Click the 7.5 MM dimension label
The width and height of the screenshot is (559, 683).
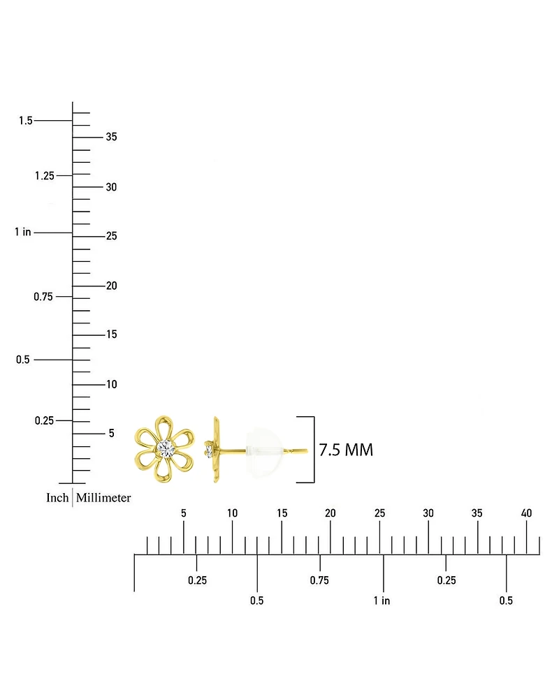point(346,450)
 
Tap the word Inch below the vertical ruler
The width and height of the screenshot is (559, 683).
point(57,497)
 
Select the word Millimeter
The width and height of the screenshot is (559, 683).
point(103,497)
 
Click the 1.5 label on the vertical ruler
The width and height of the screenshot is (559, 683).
point(26,120)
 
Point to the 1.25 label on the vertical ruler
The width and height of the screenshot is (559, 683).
point(45,175)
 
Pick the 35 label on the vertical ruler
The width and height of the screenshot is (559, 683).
point(112,137)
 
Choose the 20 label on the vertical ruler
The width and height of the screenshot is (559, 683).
point(112,286)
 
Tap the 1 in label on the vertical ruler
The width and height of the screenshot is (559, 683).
point(23,232)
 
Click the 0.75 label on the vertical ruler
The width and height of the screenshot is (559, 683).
point(43,297)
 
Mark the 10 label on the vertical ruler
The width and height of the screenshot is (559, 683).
point(112,384)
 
